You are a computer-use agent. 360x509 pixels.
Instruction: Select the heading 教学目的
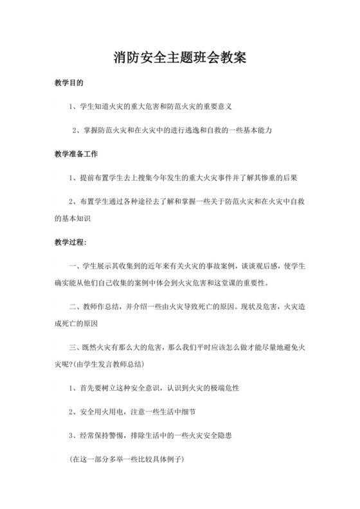(69, 84)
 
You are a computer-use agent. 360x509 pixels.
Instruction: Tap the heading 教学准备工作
(76, 154)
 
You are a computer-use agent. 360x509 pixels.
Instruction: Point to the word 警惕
(125, 435)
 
